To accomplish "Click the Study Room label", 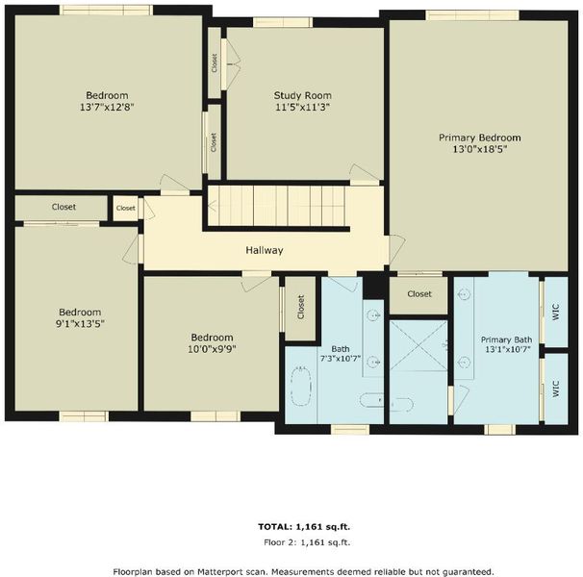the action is (303, 95).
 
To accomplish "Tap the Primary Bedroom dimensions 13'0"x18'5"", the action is (480, 149).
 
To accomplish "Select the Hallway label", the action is (265, 250).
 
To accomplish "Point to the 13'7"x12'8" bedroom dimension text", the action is (107, 107).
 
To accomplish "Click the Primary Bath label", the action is (506, 339).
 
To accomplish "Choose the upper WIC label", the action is (555, 312).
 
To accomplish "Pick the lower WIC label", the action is (555, 389).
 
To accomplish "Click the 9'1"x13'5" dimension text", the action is (80, 324).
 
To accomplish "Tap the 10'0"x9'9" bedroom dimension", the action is (213, 349).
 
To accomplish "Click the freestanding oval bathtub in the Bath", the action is (301, 386).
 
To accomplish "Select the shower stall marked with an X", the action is (418, 346).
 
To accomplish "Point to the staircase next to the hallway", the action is (277, 206).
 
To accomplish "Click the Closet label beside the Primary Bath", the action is (419, 294).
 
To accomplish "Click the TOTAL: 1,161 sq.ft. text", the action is (304, 527).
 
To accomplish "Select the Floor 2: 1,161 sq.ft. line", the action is (307, 542).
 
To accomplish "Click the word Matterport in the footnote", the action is (219, 571).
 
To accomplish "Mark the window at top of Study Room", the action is (283, 22).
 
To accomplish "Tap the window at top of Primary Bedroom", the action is (472, 15).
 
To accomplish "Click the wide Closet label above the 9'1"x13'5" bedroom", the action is (63, 207).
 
